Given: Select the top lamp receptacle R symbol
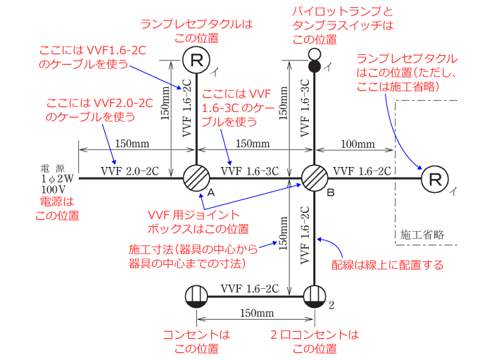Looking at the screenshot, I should pyautogui.click(x=196, y=61).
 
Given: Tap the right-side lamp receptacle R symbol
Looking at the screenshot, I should pyautogui.click(x=435, y=179).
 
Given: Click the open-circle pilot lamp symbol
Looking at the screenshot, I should pyautogui.click(x=315, y=54).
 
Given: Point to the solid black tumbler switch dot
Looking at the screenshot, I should pyautogui.click(x=315, y=66).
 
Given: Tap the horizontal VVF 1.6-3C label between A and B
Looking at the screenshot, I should pyautogui.click(x=249, y=170).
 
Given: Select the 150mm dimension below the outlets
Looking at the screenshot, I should pyautogui.click(x=255, y=312).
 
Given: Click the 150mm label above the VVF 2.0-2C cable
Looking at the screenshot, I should pyautogui.click(x=132, y=144).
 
